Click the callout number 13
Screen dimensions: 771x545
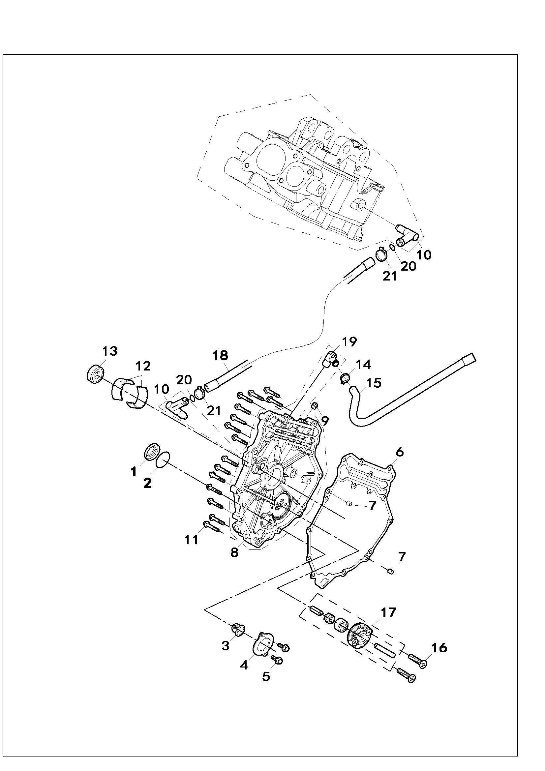[x=110, y=351]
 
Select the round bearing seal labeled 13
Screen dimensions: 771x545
[x=96, y=373]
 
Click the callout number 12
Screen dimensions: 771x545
[x=143, y=366]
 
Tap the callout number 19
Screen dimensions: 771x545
[x=349, y=342]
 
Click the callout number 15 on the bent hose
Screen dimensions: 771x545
[x=374, y=383]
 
